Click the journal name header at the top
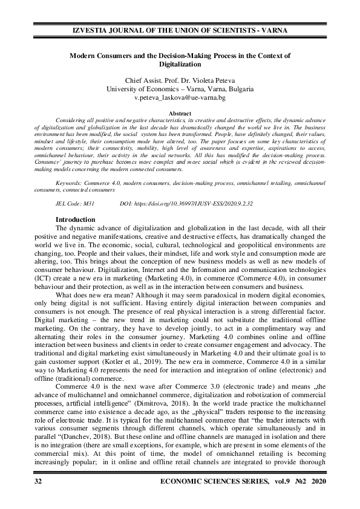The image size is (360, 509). (x=180, y=30)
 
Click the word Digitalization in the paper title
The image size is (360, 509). (x=180, y=63)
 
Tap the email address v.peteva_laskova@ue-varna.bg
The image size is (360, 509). (x=180, y=97)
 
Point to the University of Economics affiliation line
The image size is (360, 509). (x=180, y=89)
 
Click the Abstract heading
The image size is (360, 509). (x=180, y=114)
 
